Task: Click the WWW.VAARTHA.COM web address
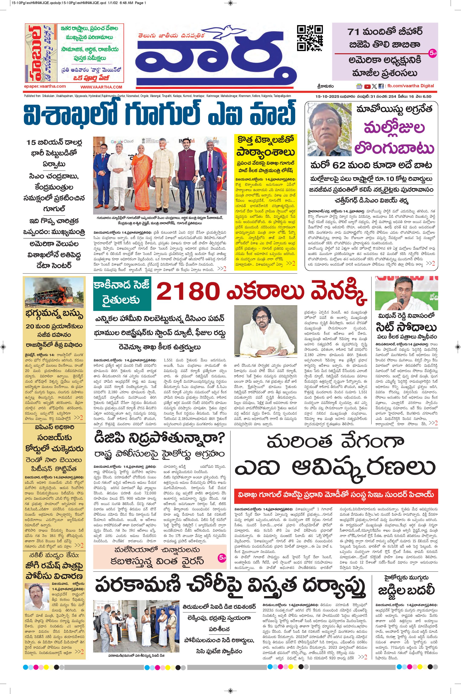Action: click(101, 87)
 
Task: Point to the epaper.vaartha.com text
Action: click(45, 86)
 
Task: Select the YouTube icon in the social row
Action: click(367, 86)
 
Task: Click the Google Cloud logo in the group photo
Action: click(122, 142)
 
